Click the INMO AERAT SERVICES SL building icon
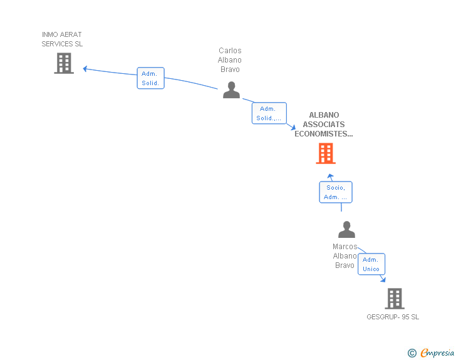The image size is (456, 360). pos(64,63)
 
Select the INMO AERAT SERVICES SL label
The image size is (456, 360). pos(62,39)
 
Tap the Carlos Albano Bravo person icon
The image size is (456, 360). pos(232,90)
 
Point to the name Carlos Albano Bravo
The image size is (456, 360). pos(230,60)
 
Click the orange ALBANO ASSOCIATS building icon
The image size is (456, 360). pos(326,153)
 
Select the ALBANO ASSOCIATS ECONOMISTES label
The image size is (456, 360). pos(324,124)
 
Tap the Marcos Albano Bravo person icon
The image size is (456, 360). pos(346,230)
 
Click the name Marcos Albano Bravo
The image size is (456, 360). pos(345,256)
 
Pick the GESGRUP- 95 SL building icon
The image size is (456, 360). pos(395,299)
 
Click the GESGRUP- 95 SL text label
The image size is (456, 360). pos(393,317)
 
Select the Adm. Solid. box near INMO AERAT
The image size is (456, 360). pos(150,78)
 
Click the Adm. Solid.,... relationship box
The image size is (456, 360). pos(269,113)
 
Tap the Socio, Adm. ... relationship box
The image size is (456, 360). pos(336,192)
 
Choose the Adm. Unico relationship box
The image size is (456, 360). pos(371,264)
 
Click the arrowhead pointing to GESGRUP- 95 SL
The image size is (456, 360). pos(383,280)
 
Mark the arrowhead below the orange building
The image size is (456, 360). pos(331,177)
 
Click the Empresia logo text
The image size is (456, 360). pos(437,353)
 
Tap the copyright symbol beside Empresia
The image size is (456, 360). pos(412,354)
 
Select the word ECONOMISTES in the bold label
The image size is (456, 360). pos(324,133)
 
